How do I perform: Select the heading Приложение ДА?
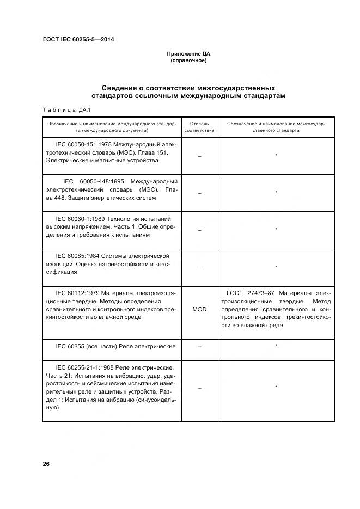pyautogui.click(x=188, y=54)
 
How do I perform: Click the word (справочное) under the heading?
pyautogui.click(x=188, y=60)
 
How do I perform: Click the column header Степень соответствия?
pyautogui.click(x=199, y=127)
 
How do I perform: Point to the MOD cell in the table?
pyautogui.click(x=199, y=309)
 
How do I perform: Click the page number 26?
pyautogui.click(x=46, y=464)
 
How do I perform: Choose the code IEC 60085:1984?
pyautogui.click(x=79, y=255)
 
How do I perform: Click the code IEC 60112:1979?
pyautogui.click(x=79, y=293)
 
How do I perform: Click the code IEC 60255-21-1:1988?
pyautogui.click(x=86, y=367)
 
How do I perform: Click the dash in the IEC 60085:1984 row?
pyautogui.click(x=199, y=267)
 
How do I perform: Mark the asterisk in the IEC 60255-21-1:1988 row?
pyautogui.click(x=276, y=387)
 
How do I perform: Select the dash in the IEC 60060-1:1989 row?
pyautogui.click(x=199, y=230)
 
